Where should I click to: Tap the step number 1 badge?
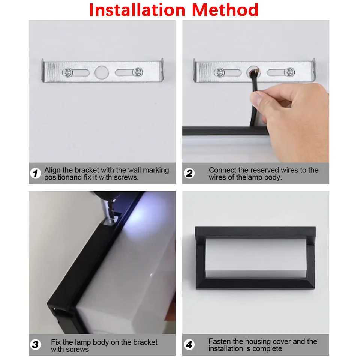(x=35, y=174)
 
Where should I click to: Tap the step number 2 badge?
(x=189, y=174)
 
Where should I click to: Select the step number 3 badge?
(x=35, y=345)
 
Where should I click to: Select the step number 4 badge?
(x=189, y=345)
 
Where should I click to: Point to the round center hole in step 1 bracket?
(x=100, y=72)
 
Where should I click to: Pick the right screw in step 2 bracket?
(x=289, y=72)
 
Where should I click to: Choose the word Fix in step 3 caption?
(x=56, y=342)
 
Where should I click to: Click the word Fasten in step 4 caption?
(x=219, y=342)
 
